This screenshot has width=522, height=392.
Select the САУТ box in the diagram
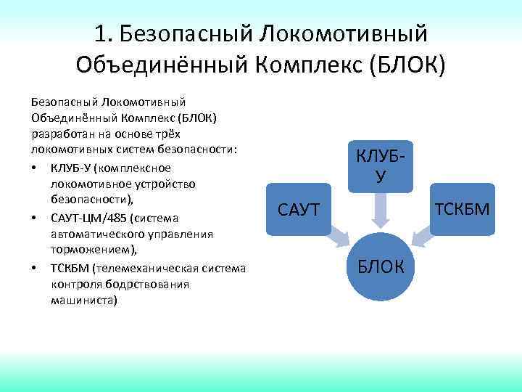(298, 210)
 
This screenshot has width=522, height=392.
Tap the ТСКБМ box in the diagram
(462, 210)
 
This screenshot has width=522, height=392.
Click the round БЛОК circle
(381, 266)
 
